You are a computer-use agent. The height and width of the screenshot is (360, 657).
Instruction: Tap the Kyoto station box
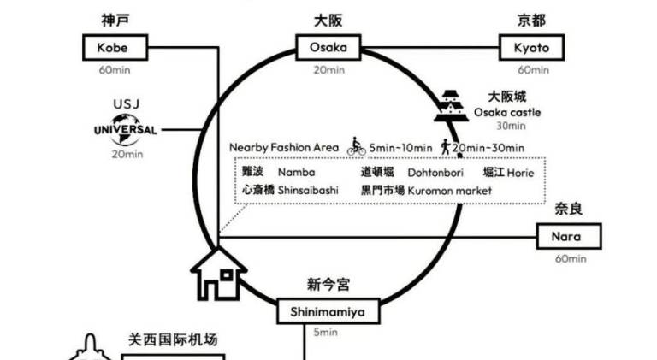tap(532, 47)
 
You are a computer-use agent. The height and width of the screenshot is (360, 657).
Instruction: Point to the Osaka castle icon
tap(450, 106)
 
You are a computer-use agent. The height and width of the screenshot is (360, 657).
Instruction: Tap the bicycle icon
tap(356, 147)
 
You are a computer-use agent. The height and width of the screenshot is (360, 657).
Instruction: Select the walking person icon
tap(446, 147)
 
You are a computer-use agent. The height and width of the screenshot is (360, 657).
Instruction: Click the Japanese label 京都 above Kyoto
tap(532, 20)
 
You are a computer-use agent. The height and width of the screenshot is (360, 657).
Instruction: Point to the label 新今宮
tap(328, 284)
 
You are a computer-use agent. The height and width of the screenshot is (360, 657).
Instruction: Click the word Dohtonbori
tap(435, 173)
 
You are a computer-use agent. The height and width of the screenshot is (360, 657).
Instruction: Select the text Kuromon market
tap(449, 191)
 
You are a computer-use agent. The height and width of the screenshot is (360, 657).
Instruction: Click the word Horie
tap(520, 173)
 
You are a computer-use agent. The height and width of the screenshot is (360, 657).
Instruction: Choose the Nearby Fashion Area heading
tap(284, 147)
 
